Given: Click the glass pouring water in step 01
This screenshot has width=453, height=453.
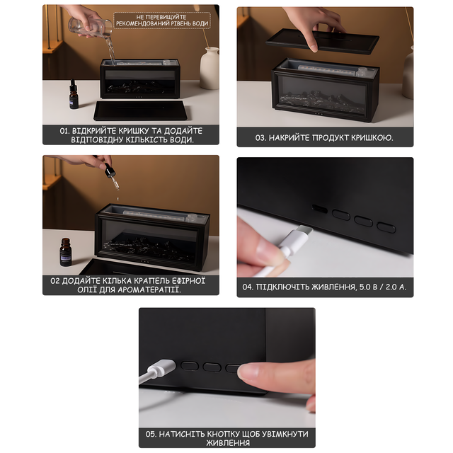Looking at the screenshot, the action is tap(90, 27).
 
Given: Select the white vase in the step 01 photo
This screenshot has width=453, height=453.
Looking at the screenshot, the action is tap(210, 68).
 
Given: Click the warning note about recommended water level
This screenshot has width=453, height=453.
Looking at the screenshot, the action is tap(162, 21).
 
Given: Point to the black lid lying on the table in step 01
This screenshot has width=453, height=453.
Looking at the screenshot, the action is tap(142, 110).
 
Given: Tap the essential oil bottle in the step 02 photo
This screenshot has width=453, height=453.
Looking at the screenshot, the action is tap(65, 252).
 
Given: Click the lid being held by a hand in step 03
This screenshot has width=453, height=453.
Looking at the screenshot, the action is tap(322, 41).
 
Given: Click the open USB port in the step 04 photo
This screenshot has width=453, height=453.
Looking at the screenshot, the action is tap(319, 208).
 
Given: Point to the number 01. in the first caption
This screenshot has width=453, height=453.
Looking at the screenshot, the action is tap(64, 131).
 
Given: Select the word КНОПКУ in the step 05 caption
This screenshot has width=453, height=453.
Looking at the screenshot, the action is tap(223, 434).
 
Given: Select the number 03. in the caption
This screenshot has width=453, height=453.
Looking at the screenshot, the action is tap(261, 138).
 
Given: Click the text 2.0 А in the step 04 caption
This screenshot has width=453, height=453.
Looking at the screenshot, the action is tap(396, 287).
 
